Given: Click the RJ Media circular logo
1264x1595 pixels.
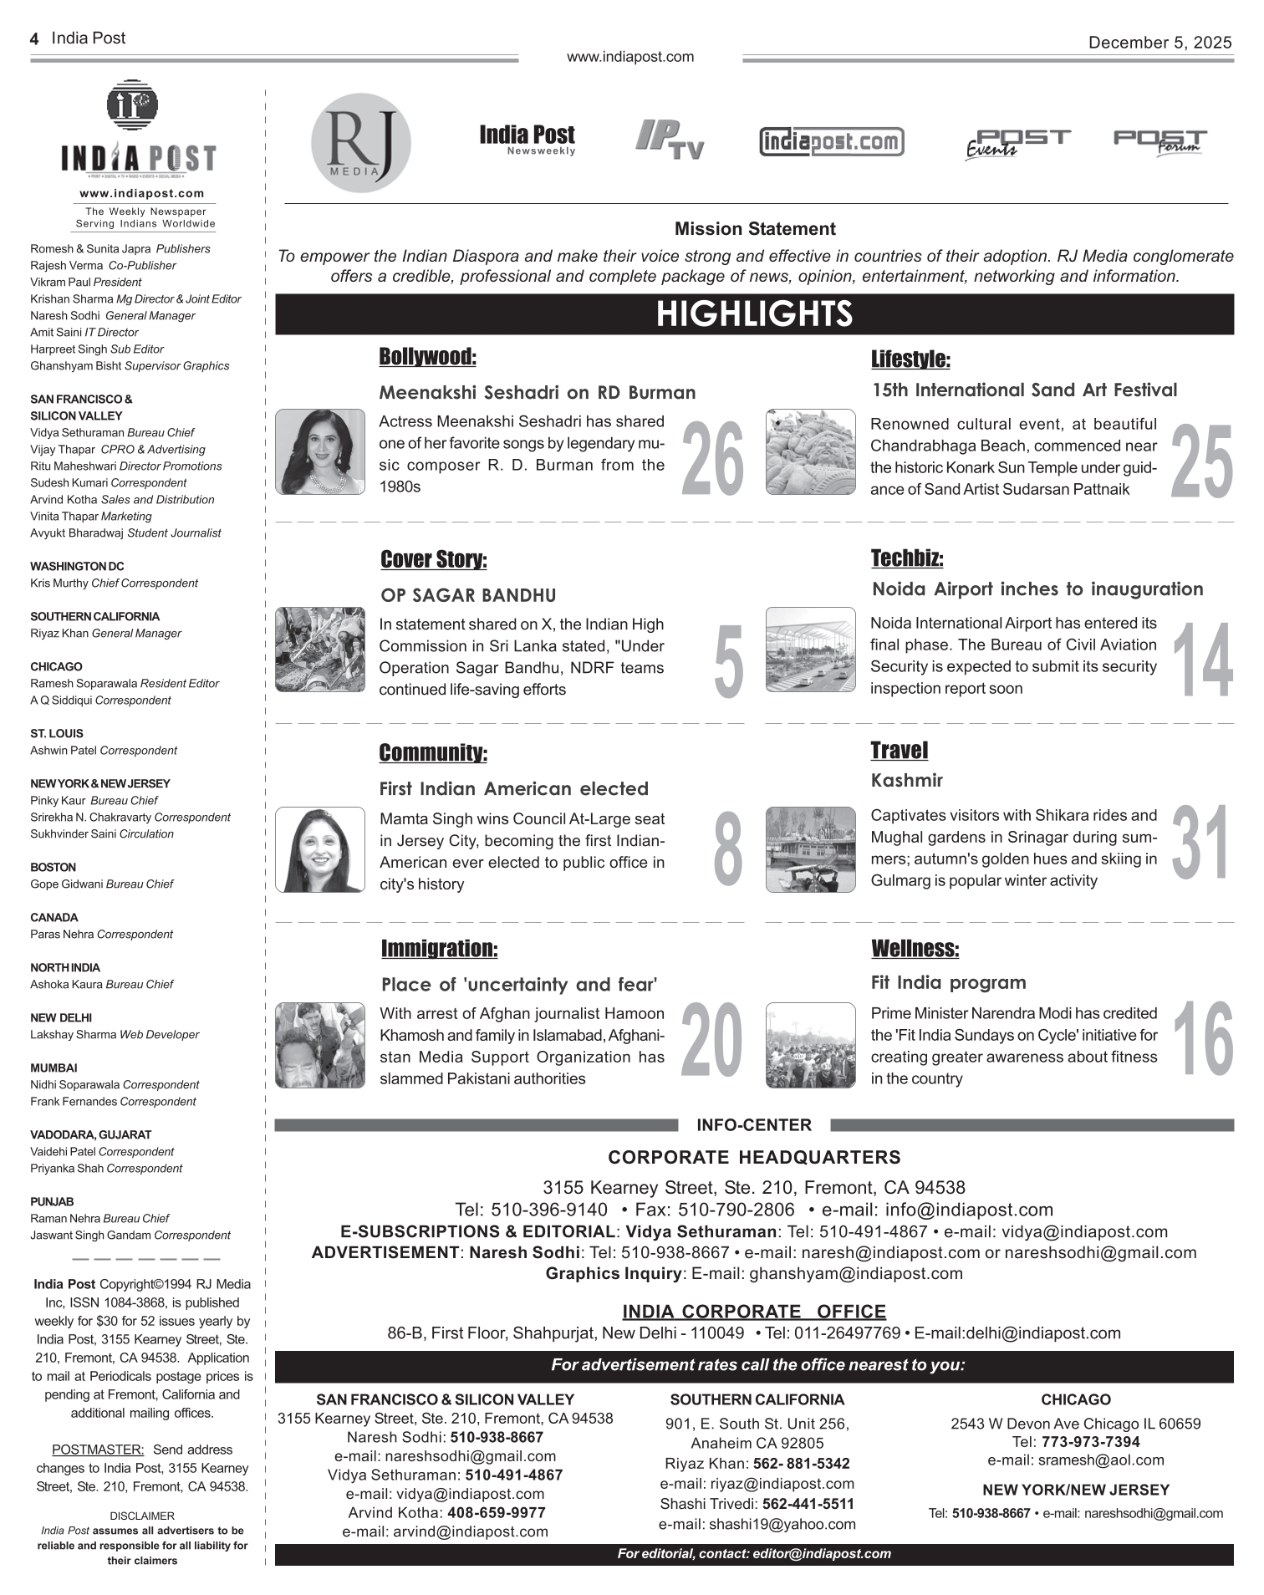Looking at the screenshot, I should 360,142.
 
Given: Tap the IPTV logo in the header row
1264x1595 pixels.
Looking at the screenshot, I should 670,140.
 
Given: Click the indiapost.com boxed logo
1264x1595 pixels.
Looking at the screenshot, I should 831,141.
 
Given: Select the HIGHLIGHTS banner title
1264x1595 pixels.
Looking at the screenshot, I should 754,314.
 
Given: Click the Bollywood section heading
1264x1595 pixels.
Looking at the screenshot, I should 427,357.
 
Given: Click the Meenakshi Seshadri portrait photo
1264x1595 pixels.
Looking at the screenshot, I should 320,451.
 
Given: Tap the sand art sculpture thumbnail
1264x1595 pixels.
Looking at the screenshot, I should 810,451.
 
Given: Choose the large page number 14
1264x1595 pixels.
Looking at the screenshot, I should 1202,660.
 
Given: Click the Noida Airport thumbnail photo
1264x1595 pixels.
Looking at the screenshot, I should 810,650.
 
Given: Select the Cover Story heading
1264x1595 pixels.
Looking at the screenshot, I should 433,559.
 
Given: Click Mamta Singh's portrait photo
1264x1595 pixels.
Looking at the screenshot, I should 320,849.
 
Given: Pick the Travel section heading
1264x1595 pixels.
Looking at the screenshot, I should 899,750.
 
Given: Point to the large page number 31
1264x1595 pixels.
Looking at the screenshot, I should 1201,843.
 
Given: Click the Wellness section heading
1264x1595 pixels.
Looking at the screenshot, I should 915,949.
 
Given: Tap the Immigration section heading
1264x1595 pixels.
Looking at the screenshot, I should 439,949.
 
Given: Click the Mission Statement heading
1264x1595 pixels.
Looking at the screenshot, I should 754,229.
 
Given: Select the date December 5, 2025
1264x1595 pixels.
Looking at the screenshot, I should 1160,43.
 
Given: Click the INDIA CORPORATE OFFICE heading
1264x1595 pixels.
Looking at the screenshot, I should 753,1312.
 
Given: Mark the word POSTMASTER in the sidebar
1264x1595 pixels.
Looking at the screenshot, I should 98,1450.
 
